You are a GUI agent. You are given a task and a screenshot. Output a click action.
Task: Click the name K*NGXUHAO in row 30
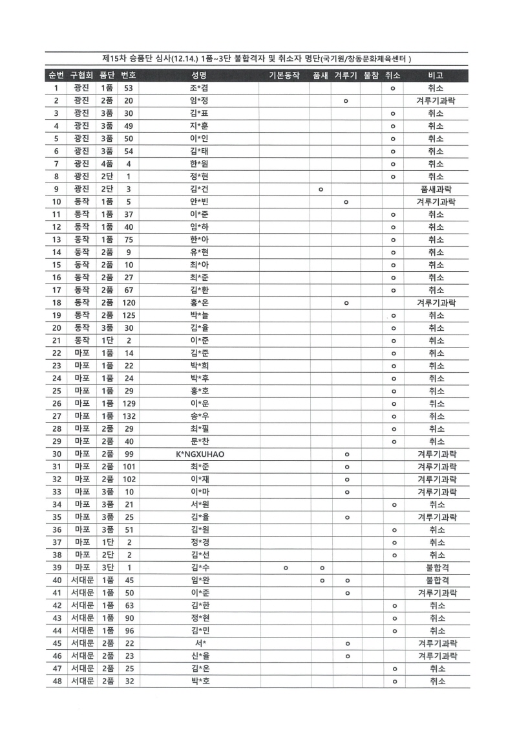point(199,454)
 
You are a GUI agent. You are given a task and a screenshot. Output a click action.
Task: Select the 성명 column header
point(199,76)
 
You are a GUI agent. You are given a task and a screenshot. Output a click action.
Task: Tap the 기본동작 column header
point(284,76)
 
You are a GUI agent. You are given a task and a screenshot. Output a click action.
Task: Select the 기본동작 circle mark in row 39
point(285,568)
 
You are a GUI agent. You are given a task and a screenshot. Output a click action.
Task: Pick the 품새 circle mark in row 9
point(321,189)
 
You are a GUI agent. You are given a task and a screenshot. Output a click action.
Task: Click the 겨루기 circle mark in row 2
point(346,101)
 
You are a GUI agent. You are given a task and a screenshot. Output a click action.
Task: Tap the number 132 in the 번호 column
point(129,416)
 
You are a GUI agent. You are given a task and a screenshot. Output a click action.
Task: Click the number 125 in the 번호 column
point(129,315)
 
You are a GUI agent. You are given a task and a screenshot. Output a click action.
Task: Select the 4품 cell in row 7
point(107,164)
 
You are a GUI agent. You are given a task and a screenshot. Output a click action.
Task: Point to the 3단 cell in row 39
point(107,568)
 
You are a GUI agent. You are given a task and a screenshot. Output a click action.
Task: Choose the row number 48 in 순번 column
point(57,681)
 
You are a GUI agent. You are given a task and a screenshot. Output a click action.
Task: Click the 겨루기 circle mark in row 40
point(346,580)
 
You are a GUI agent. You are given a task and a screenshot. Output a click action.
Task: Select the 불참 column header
point(371,76)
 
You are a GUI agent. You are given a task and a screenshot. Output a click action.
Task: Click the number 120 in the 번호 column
point(129,303)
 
